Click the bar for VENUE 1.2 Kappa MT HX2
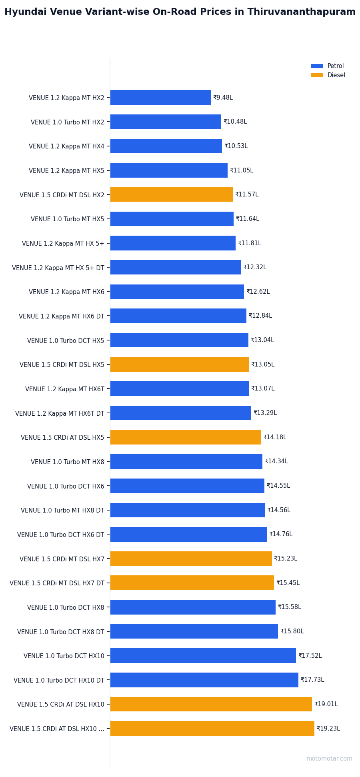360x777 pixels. click(x=160, y=98)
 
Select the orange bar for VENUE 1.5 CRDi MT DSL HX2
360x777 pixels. click(x=172, y=194)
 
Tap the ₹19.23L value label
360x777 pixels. click(x=328, y=729)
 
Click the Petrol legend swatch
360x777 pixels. click(x=317, y=66)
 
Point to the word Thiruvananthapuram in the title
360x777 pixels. click(x=301, y=12)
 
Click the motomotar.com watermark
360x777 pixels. click(x=329, y=759)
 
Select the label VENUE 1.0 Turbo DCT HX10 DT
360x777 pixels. click(x=59, y=680)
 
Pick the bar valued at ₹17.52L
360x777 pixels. click(x=203, y=656)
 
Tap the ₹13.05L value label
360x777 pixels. click(x=263, y=364)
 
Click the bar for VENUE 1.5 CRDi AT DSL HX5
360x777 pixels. click(x=186, y=437)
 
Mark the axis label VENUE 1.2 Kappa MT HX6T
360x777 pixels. click(x=65, y=389)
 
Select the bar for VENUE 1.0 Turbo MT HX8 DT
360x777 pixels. click(x=188, y=510)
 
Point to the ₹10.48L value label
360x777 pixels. click(x=235, y=122)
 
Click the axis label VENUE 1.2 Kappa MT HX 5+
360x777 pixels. click(x=63, y=243)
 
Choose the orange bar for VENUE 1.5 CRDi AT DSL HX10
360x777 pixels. click(x=211, y=704)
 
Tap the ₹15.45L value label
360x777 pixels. click(x=288, y=583)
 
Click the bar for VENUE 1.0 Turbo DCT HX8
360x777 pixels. click(x=193, y=607)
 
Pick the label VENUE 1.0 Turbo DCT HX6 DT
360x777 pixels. click(x=61, y=535)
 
